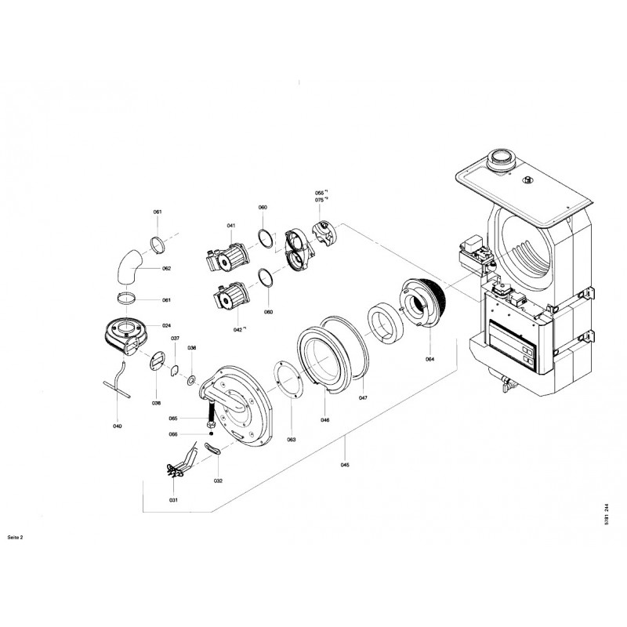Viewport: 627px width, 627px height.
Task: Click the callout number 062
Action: coord(166,269)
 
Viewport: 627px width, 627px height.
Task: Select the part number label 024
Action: coord(166,325)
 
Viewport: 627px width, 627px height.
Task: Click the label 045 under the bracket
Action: coord(346,465)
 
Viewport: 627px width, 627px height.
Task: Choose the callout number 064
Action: coord(429,359)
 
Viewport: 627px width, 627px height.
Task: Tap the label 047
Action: coord(363,398)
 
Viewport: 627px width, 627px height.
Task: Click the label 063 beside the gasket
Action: coord(291,440)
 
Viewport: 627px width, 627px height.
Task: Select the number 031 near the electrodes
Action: coord(173,500)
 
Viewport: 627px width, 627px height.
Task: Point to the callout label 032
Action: coord(218,480)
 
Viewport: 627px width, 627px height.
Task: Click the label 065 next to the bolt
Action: coord(173,419)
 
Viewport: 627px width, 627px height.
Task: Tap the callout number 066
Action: coord(173,435)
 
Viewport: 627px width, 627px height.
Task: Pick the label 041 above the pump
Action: coord(231,226)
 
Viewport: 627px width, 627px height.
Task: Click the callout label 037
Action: coord(175,338)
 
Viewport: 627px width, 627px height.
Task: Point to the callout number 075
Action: coord(319,200)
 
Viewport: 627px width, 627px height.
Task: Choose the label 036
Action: coord(192,347)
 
